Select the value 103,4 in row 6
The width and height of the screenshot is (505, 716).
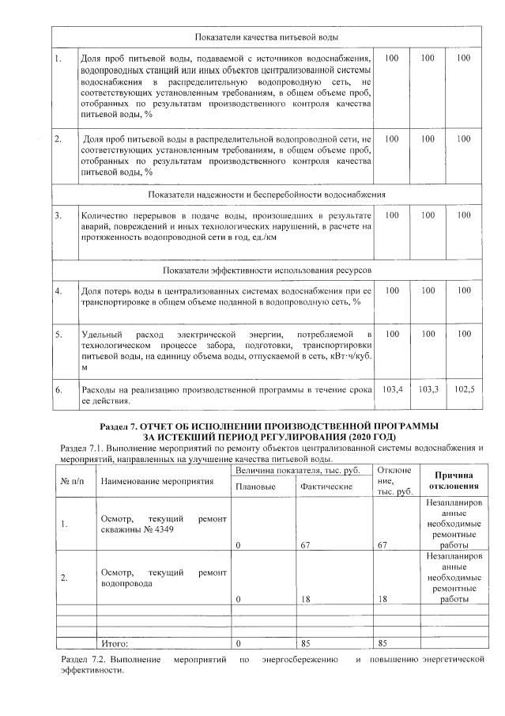tap(393, 389)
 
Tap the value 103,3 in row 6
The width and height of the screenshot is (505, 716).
tap(428, 389)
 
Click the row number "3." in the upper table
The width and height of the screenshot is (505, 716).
tap(58, 215)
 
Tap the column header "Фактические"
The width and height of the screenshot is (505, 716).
tap(326, 486)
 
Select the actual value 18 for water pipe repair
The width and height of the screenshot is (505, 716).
tap(307, 600)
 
